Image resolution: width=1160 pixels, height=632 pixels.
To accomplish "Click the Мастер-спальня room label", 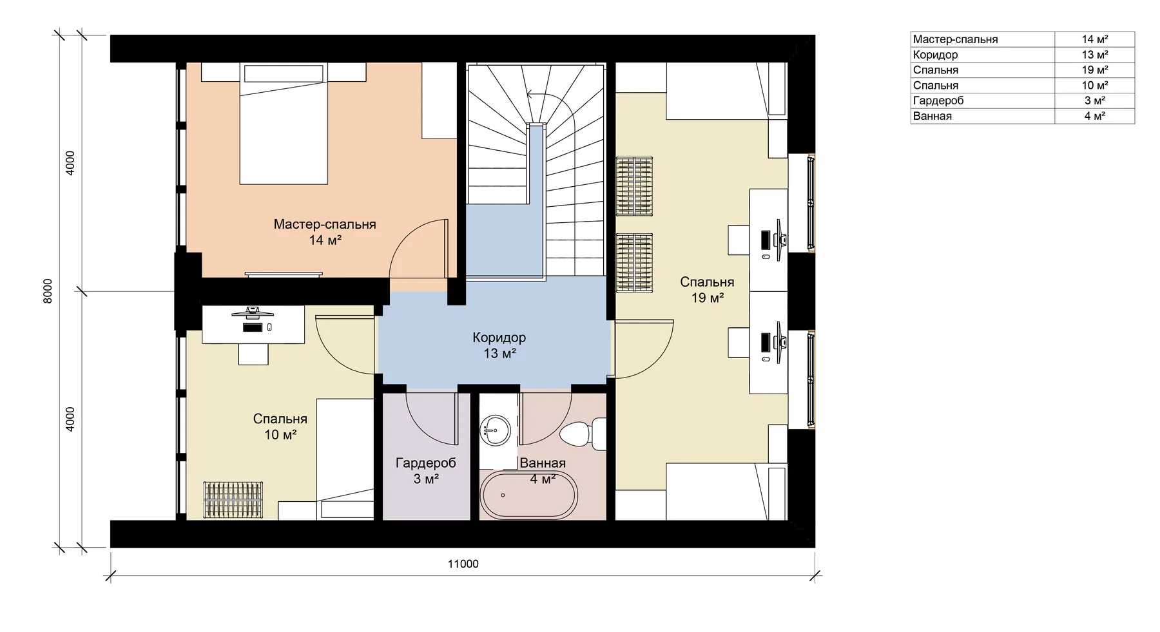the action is point(325,224).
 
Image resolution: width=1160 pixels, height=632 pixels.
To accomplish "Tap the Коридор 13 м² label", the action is point(499,345).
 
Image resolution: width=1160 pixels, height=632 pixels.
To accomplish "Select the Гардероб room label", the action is point(426,463).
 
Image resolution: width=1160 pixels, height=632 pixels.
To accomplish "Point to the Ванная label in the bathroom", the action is point(543,463).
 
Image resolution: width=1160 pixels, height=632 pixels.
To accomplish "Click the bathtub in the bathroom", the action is point(528,495).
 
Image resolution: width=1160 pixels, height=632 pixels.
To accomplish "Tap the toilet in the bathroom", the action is point(583,434).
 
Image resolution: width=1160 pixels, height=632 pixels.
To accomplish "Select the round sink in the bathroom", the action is point(496,429).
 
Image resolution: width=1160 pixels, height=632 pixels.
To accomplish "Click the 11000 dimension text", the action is point(463,564).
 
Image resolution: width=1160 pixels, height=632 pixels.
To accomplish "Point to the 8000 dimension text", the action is point(48,292).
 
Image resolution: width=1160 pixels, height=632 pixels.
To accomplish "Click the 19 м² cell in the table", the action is point(1095,70).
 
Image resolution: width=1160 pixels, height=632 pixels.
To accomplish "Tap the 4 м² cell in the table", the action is point(1095,116).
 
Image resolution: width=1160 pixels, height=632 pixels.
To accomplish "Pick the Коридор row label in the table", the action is point(935,55).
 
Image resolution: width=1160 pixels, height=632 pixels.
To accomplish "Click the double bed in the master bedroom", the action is point(284,124).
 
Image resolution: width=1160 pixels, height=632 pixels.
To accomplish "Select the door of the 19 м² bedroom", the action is point(644,349).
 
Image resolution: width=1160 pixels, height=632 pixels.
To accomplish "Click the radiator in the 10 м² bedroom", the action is point(234,500).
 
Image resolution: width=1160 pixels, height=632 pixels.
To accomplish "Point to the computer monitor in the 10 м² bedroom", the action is point(253,314).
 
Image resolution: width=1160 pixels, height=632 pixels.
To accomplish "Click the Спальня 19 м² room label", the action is point(707,290).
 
